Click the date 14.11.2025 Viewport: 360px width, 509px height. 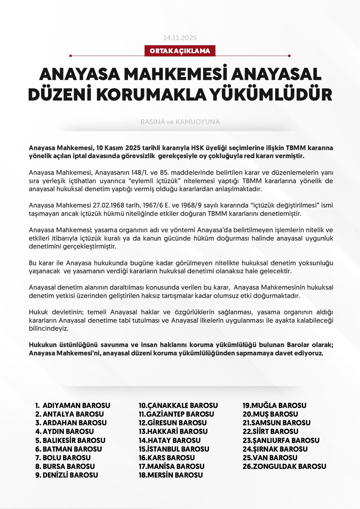tap(180, 38)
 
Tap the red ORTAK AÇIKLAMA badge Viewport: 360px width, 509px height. tap(180, 51)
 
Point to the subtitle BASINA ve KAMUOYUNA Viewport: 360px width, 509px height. tap(180, 122)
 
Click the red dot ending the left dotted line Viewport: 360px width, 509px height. tap(71, 56)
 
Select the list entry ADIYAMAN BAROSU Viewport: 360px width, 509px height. tap(76, 405)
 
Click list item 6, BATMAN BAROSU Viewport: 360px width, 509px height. tap(72, 449)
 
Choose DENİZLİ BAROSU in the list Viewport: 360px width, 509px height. tap(70, 475)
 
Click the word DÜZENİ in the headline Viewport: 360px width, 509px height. tap(60, 94)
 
